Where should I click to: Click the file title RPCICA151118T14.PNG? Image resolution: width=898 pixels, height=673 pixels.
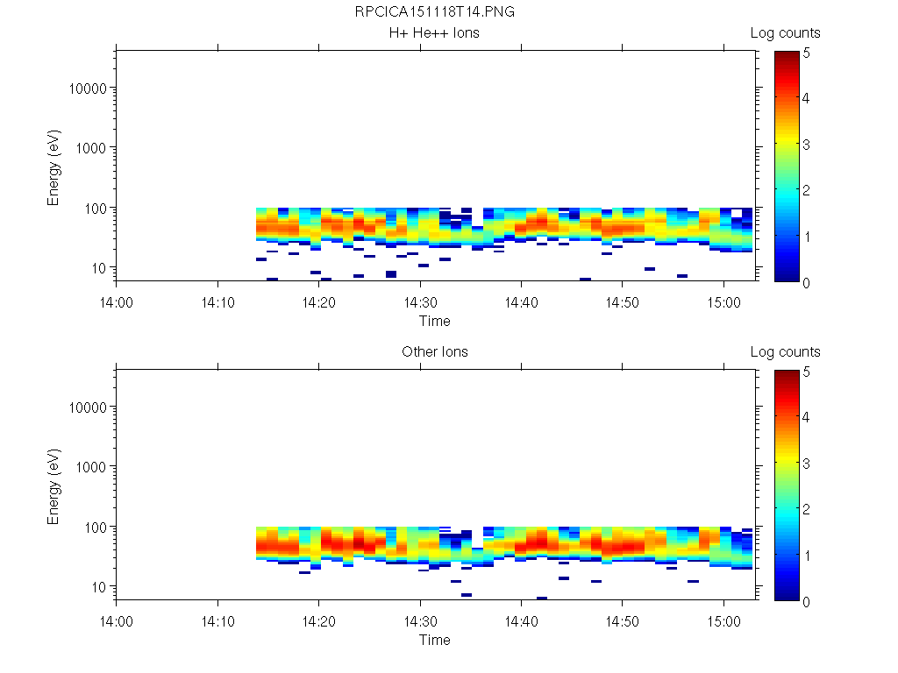(434, 13)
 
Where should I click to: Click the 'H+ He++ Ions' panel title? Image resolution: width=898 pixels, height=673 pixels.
(434, 33)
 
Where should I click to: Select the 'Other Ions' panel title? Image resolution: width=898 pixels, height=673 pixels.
(434, 352)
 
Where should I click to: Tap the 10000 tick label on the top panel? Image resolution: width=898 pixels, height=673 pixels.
(87, 89)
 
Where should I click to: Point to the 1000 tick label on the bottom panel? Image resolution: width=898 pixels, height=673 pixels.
(90, 467)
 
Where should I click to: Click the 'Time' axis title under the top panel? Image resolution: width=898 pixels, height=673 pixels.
(434, 321)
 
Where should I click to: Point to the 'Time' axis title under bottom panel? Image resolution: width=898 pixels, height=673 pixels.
(434, 640)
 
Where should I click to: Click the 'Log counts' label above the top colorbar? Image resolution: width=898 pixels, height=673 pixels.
(785, 33)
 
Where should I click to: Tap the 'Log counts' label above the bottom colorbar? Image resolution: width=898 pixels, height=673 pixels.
(785, 352)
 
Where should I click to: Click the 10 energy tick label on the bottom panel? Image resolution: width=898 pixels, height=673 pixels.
(97, 586)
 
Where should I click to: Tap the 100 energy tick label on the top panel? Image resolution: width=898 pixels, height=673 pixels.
(94, 208)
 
